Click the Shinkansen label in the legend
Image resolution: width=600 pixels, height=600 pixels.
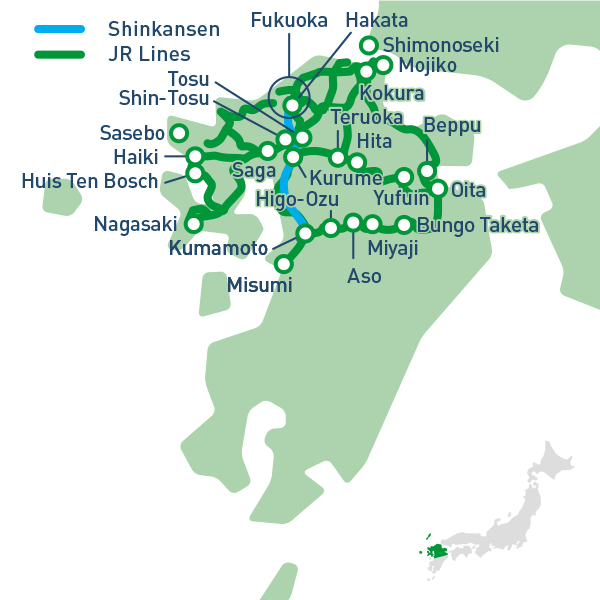point(164,29)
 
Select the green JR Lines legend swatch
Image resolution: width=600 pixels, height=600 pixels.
point(60,54)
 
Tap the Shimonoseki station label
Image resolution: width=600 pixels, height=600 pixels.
point(441,45)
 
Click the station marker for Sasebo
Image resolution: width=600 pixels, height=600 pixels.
point(179,133)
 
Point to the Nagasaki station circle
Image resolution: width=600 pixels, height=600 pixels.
point(194,224)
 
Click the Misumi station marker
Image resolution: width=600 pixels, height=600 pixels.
point(283,265)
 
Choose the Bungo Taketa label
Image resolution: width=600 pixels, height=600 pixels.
point(477,225)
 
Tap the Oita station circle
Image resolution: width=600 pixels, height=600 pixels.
point(438,189)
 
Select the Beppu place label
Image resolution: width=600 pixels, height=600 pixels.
point(452,126)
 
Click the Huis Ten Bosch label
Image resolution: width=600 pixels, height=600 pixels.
point(90,181)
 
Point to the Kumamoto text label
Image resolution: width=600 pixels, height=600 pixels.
point(218,248)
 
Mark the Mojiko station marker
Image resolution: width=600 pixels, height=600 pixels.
point(382,66)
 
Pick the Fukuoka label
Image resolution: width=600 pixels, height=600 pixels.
point(288,20)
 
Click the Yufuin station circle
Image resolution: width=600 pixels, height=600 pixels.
point(404,177)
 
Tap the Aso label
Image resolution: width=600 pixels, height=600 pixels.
point(364,276)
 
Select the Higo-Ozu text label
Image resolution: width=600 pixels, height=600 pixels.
point(297,199)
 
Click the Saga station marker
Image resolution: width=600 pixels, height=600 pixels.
point(267,151)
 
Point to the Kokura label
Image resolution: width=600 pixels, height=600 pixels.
point(392,94)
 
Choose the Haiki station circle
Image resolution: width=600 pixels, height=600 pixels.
point(195,156)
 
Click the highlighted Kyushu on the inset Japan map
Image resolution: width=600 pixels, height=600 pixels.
point(436,551)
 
